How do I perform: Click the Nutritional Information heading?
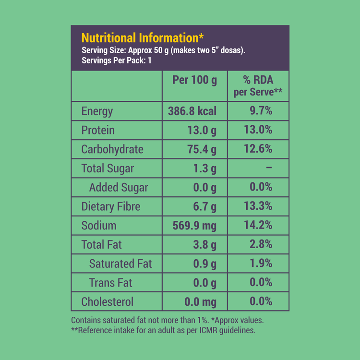point(143,38)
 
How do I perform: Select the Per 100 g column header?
point(194,80)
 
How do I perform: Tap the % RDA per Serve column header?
point(258,85)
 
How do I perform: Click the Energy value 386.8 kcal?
point(192,111)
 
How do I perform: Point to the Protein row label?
point(98,130)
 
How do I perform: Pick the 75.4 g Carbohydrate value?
point(202,149)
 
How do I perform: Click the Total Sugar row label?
point(108,168)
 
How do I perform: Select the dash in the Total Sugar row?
point(269,168)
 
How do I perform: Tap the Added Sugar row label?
point(119,187)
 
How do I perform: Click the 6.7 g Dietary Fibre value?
point(204,206)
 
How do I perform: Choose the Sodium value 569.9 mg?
point(194,226)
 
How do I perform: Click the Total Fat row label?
point(102,245)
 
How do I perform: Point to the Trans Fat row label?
point(111,283)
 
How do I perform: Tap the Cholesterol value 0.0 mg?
point(201,302)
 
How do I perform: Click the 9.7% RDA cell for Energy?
point(261,111)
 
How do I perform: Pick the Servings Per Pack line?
point(117,60)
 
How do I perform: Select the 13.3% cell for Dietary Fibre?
point(258,206)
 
